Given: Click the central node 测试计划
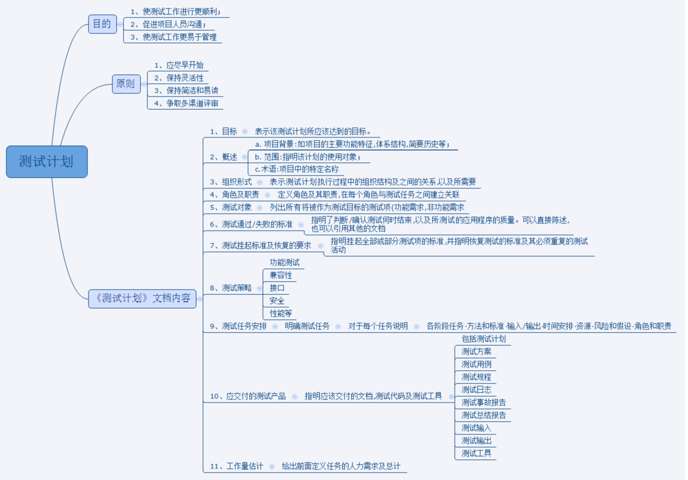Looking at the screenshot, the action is tap(47, 162).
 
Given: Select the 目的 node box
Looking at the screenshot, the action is tap(102, 24).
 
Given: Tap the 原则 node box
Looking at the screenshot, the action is tap(126, 84).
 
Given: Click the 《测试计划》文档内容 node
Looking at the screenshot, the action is tap(142, 298).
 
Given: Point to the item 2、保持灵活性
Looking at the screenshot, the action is tap(179, 78).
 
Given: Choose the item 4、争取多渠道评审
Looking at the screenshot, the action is tap(186, 103).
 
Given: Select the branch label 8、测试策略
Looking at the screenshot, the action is tap(231, 288).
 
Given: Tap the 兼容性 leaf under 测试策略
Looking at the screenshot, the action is tap(281, 275).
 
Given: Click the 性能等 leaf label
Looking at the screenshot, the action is tap(281, 313).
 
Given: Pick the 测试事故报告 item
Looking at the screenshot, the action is tap(483, 403).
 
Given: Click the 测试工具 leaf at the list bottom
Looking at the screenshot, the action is tap(477, 453).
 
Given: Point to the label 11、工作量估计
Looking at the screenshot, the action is tap(236, 466).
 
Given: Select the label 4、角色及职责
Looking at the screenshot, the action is tap(234, 195).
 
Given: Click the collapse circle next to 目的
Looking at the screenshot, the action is tap(120, 24).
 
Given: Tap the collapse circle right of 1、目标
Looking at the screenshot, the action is tap(245, 132).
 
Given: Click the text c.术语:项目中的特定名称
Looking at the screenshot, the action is tap(297, 169).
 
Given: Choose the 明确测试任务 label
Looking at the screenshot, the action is tap(307, 326).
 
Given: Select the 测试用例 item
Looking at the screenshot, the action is tap(477, 364).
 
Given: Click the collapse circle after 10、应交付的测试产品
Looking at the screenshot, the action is tap(295, 396).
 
